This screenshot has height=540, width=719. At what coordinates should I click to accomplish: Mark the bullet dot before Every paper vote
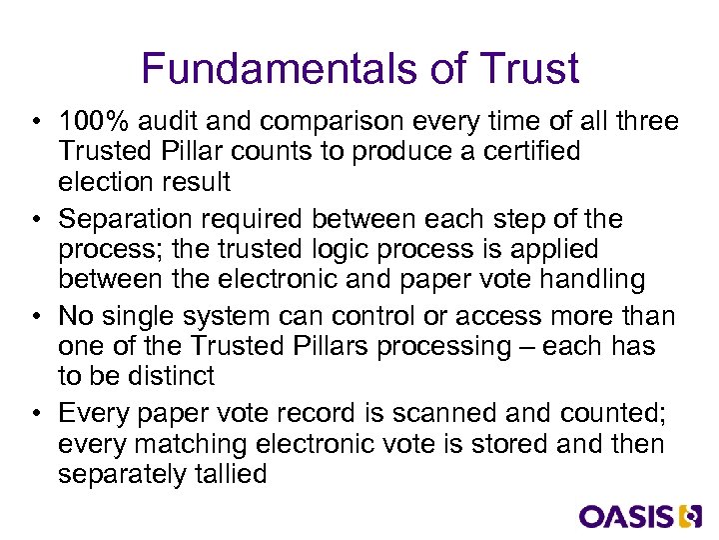coord(35,414)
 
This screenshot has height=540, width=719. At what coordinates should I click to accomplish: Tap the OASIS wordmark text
coord(626,516)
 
